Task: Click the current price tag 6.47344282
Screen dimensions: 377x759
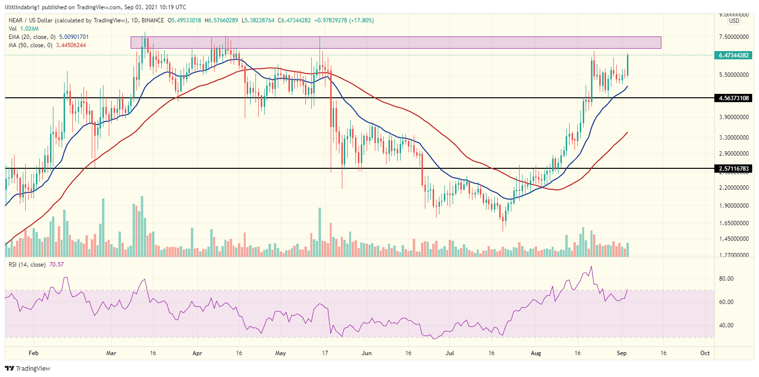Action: [x=735, y=55]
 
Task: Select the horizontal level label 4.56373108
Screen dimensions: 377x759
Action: [x=735, y=98]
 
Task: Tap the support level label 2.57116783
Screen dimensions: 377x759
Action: [x=735, y=168]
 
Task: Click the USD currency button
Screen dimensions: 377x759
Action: [x=734, y=21]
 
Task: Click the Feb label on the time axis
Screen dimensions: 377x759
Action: [x=33, y=353]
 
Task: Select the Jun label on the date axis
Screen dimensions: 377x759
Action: [x=367, y=353]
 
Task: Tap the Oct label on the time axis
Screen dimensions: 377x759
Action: [x=706, y=353]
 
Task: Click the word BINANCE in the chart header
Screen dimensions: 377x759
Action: [x=152, y=20]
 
